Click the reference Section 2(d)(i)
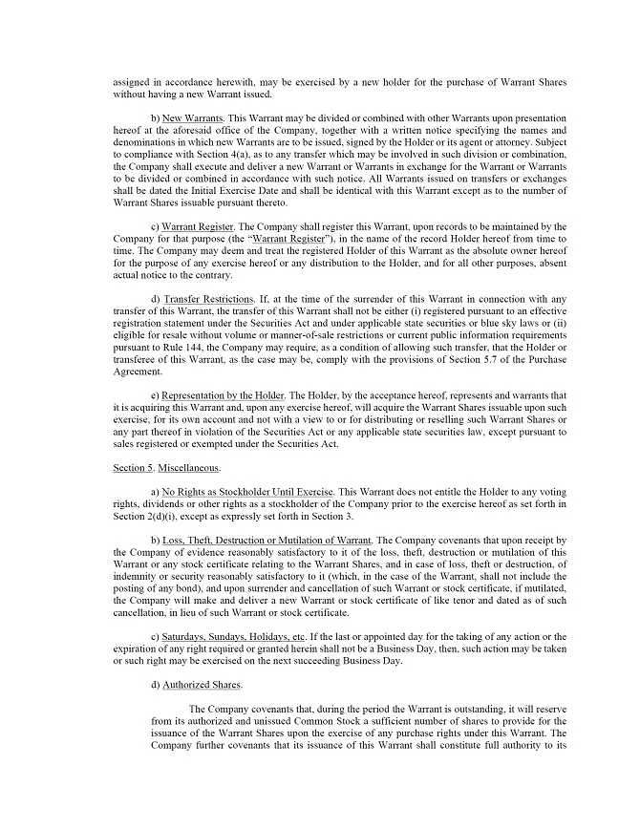143,516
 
